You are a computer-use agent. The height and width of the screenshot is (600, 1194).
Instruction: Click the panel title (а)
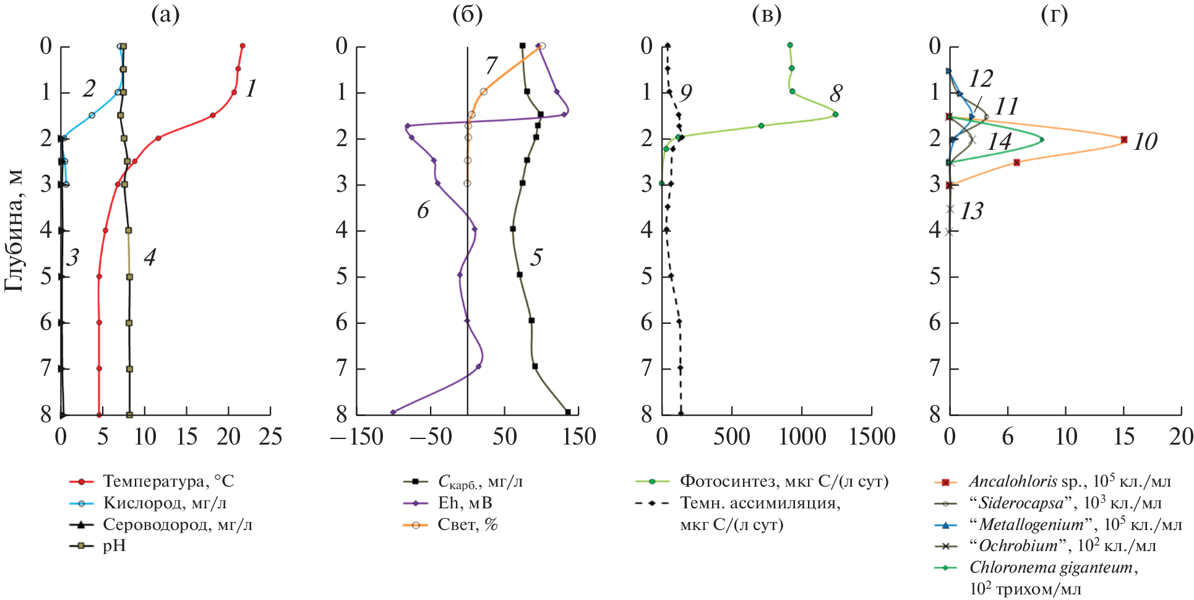(x=165, y=15)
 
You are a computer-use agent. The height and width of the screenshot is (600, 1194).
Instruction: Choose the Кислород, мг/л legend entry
(x=160, y=503)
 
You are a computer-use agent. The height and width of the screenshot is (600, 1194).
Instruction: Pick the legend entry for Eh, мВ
(x=465, y=503)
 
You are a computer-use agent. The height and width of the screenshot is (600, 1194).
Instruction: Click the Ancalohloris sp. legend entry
(x=1069, y=481)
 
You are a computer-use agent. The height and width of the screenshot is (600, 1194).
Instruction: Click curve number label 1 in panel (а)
(x=251, y=89)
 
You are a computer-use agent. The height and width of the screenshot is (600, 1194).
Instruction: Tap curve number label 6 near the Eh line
(x=423, y=211)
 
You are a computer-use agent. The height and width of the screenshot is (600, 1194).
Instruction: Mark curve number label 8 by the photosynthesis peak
(x=836, y=93)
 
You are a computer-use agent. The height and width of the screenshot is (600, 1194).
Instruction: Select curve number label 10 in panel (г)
(x=1145, y=142)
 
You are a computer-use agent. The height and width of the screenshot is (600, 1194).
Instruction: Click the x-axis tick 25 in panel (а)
(x=270, y=437)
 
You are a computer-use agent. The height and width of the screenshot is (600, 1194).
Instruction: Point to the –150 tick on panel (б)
(x=357, y=437)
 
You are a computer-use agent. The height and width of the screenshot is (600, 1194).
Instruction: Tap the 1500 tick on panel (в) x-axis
(x=872, y=437)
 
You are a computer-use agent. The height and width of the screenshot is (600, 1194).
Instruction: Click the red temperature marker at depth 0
(x=243, y=46)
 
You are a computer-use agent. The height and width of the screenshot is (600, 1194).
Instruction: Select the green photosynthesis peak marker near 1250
(x=835, y=115)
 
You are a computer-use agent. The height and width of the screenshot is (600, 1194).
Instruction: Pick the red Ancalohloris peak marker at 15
(x=1124, y=139)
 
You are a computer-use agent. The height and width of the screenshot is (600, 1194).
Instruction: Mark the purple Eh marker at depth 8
(x=393, y=412)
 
